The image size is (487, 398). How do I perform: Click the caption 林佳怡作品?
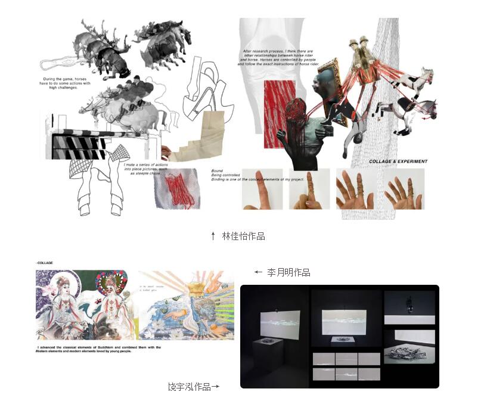[243, 236]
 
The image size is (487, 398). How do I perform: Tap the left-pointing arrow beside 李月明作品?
[258, 272]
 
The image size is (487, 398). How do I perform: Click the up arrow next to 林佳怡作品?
[213, 236]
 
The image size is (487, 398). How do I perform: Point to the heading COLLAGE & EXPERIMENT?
[398, 161]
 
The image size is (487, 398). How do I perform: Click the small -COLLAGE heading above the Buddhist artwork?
[45, 262]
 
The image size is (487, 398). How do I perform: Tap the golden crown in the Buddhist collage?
[201, 289]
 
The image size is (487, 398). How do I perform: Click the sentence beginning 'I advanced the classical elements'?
[98, 349]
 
